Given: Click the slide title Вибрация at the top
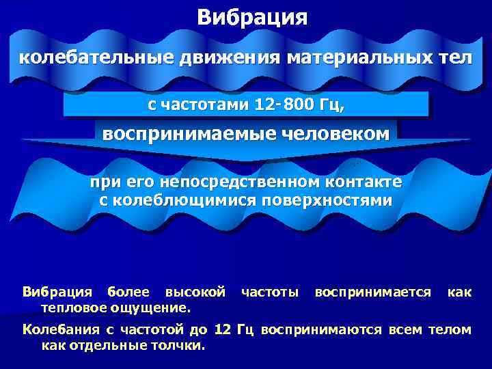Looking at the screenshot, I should (x=252, y=17).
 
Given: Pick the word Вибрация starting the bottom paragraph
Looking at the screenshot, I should (x=55, y=292).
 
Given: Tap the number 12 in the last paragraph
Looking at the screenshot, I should (x=222, y=330).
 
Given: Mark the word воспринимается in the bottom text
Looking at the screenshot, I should (x=372, y=292).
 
